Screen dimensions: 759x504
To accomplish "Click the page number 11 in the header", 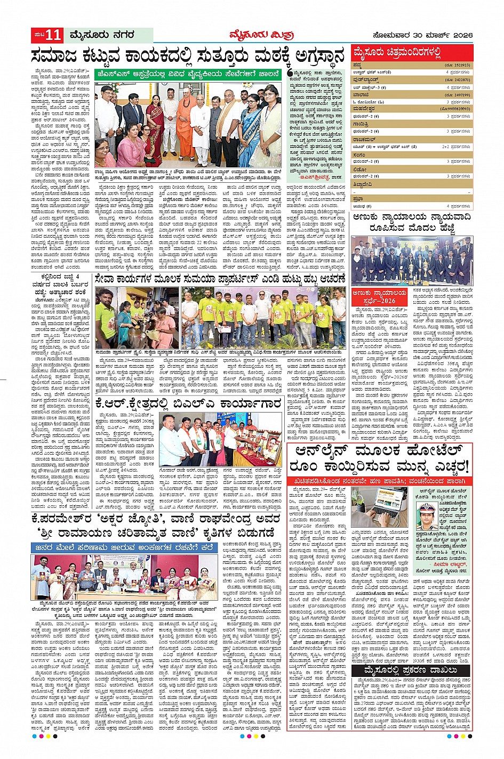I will point(54,36).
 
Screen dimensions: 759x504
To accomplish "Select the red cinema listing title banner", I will point(412,53).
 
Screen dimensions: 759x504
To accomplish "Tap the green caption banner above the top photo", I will point(187,75).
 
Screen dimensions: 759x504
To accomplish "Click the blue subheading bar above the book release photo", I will point(124,547).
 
